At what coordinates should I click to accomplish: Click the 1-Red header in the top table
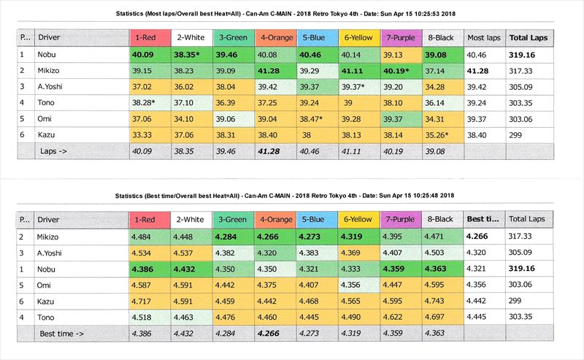(147, 37)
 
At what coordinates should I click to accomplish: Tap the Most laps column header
(483, 37)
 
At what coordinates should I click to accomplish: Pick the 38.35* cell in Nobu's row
(188, 53)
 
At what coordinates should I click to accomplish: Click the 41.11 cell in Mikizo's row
(357, 70)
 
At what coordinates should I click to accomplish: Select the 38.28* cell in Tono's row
(147, 103)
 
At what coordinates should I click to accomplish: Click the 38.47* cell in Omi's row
(316, 119)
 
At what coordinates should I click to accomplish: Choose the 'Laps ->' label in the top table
(55, 152)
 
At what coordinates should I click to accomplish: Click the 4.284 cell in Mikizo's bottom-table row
(230, 235)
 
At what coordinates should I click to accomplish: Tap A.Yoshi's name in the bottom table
(55, 252)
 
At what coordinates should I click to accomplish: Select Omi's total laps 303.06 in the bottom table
(523, 285)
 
